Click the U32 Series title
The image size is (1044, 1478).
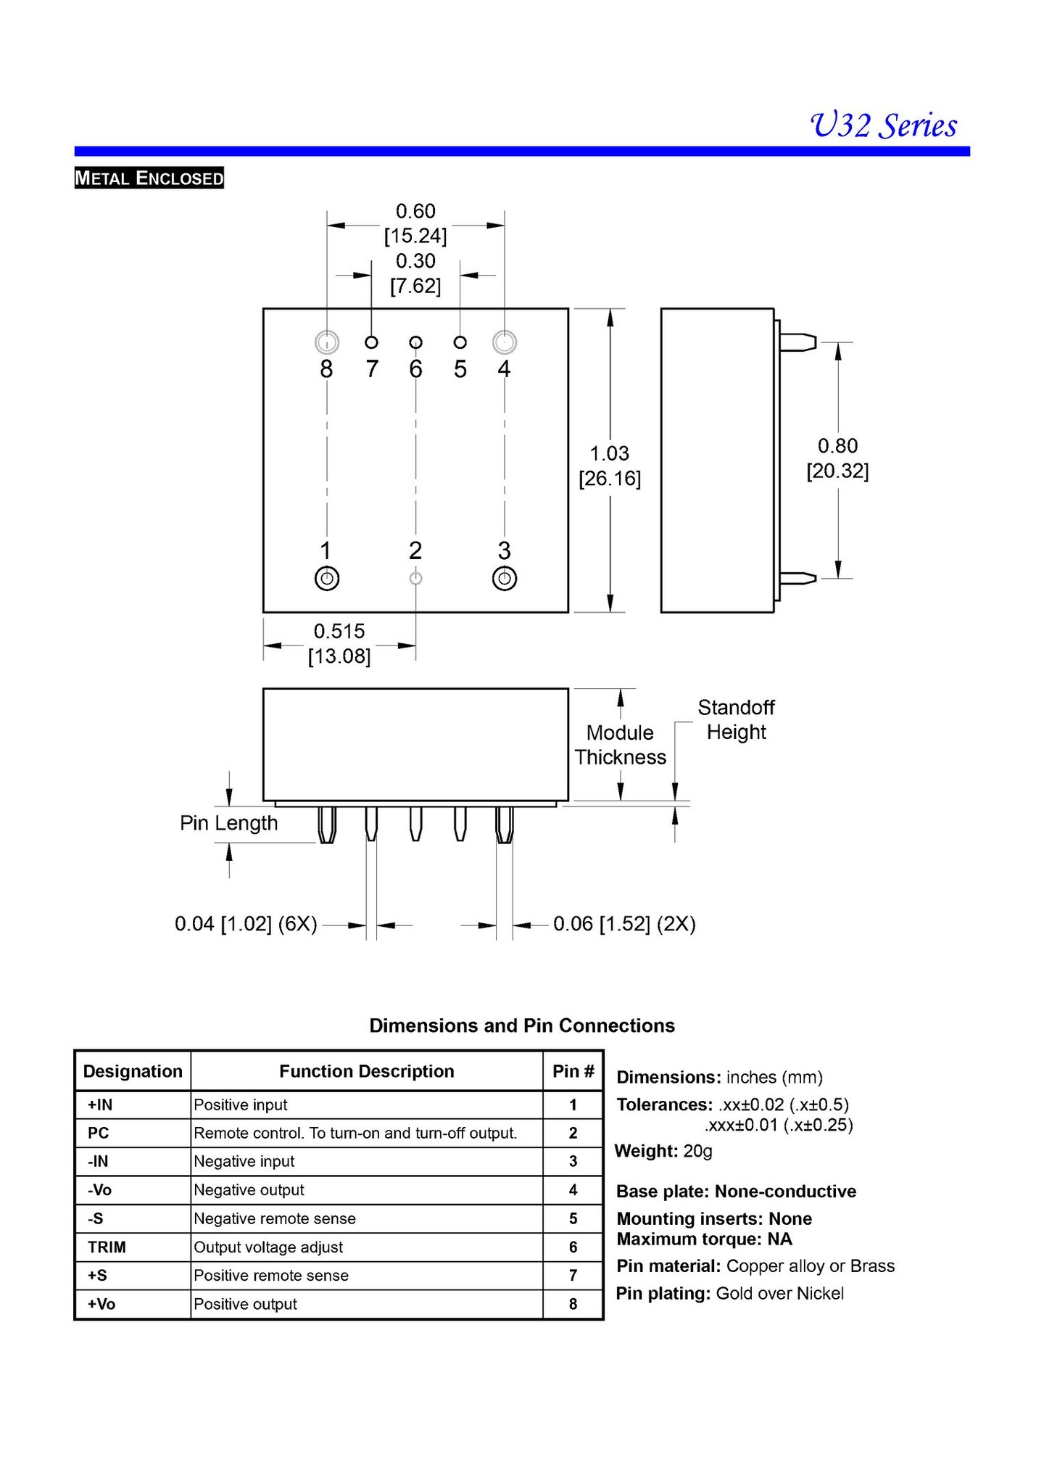[x=882, y=125]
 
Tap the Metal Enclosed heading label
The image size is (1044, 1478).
[x=149, y=178]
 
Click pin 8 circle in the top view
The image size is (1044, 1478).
[x=327, y=342]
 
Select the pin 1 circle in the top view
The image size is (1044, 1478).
[x=327, y=579]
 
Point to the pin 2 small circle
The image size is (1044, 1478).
[x=415, y=579]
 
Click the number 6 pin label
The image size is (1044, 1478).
[x=415, y=370]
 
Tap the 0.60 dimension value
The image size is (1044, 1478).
[x=415, y=212]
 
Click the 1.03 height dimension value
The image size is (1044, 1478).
[x=609, y=454]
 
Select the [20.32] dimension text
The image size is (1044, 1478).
[x=837, y=471]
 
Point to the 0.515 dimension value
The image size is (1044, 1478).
[x=339, y=631]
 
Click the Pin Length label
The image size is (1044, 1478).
[x=228, y=823]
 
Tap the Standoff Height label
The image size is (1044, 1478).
[x=736, y=719]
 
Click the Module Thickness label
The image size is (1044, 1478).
[x=620, y=745]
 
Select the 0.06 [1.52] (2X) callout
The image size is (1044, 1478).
[x=624, y=924]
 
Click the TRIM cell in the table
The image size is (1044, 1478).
[x=107, y=1247]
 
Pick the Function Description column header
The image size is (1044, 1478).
[x=366, y=1071]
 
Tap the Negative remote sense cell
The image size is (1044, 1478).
[x=275, y=1218]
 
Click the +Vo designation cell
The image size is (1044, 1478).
[x=101, y=1304]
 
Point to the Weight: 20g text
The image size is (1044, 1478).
[x=663, y=1151]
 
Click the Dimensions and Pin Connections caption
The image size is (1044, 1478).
[x=522, y=1025]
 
